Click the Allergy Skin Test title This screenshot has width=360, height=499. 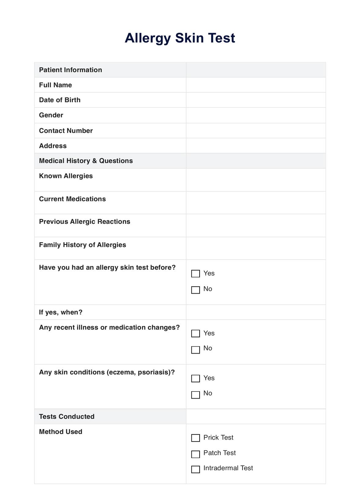(x=180, y=38)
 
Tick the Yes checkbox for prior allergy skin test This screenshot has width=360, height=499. (x=195, y=273)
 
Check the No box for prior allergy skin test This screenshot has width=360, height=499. (x=195, y=290)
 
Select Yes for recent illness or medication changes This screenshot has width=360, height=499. (x=195, y=333)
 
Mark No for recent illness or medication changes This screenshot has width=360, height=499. (x=195, y=350)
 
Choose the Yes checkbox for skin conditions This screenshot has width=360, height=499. (x=195, y=378)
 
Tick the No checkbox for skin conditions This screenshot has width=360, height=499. (x=195, y=395)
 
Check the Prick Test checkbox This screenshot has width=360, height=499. (x=195, y=438)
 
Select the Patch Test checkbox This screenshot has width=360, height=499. (x=195, y=454)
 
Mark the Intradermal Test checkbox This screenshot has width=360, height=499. (x=195, y=469)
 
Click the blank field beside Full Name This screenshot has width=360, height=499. (x=256, y=85)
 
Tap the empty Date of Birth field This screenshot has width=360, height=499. (x=256, y=100)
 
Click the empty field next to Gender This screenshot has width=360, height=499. (x=256, y=115)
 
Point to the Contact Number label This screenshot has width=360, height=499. (x=66, y=131)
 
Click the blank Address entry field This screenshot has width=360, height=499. (x=256, y=146)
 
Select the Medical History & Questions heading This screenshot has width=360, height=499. (x=86, y=161)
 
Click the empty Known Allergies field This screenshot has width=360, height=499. (x=256, y=180)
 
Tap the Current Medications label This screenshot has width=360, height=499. (x=73, y=199)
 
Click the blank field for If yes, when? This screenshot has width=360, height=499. (x=256, y=312)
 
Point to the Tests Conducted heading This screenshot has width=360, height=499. (x=67, y=417)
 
